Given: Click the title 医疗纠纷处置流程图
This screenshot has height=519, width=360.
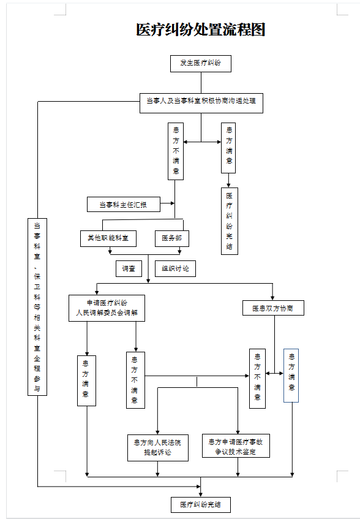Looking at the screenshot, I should (200, 30).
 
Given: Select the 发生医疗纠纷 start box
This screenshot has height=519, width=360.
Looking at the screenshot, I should (200, 63).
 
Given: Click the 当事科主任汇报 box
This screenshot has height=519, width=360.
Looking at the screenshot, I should (123, 204).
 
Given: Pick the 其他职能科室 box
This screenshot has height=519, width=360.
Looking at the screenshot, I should (108, 238).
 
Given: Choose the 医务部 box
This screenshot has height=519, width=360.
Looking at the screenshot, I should (171, 238).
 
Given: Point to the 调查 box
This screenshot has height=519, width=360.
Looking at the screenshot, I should (129, 268).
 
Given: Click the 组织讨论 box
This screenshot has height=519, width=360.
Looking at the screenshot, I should (175, 268).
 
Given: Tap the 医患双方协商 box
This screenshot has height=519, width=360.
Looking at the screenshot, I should (273, 308).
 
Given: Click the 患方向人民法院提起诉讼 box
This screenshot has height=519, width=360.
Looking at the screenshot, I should (157, 447).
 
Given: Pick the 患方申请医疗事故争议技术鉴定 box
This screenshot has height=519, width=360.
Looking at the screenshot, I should (236, 446).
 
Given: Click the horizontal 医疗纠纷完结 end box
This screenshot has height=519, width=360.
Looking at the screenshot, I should (200, 505).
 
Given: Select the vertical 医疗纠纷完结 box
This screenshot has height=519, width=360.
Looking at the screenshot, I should (229, 221).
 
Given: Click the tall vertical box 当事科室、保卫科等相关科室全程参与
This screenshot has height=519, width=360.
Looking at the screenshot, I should (37, 306).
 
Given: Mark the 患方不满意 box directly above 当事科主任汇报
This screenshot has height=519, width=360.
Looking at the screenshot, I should (176, 151).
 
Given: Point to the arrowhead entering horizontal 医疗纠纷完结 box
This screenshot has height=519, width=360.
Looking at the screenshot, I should (200, 494).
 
